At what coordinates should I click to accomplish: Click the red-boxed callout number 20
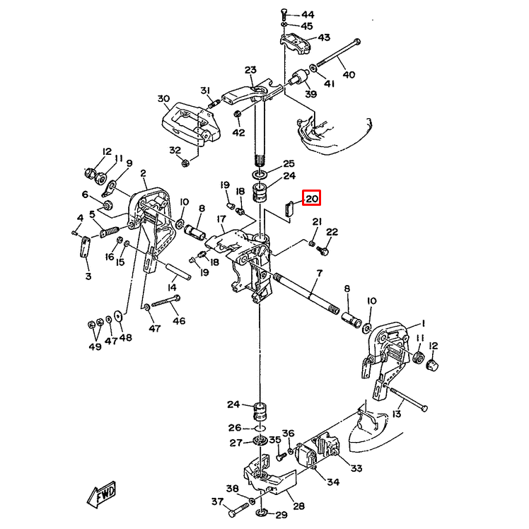pos(312,199)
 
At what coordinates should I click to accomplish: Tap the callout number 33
pos(356,467)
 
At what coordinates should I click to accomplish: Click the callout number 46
pos(178,320)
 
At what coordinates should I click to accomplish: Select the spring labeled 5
pos(107,230)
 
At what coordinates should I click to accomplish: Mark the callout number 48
pos(125,338)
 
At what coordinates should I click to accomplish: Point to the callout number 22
pos(332,232)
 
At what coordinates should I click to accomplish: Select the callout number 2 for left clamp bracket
pos(143,173)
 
